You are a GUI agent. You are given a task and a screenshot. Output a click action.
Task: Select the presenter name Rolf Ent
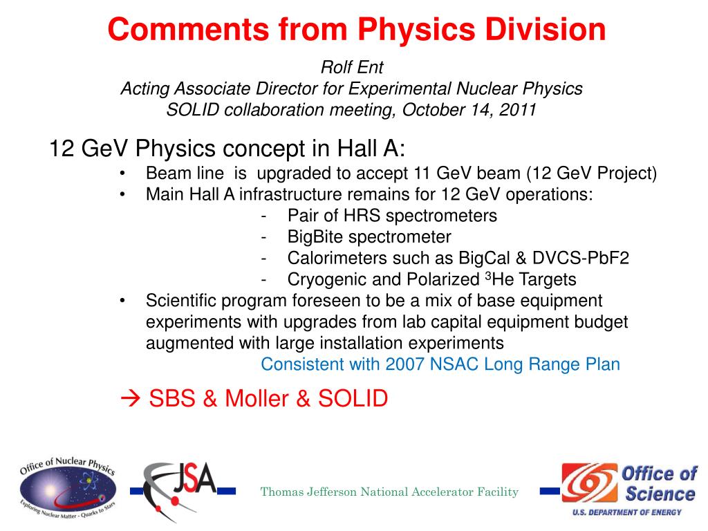pyautogui.click(x=352, y=67)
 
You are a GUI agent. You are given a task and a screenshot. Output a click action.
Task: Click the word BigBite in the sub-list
pyautogui.click(x=315, y=236)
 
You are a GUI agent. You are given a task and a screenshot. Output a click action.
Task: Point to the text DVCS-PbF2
pyautogui.click(x=581, y=258)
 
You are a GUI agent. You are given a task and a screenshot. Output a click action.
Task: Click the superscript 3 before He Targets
pyautogui.click(x=488, y=275)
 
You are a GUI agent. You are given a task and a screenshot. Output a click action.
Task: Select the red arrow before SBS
pyautogui.click(x=131, y=398)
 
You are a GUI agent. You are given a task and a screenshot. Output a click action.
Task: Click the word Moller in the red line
pyautogui.click(x=257, y=398)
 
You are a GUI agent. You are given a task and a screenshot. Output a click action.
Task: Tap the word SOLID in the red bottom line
pyautogui.click(x=353, y=398)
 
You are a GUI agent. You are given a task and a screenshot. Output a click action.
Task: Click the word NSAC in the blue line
pyautogui.click(x=454, y=364)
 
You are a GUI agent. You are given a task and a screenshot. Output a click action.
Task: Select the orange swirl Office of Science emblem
pyautogui.click(x=589, y=483)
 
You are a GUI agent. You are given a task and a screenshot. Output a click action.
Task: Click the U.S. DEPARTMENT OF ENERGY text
pyautogui.click(x=627, y=512)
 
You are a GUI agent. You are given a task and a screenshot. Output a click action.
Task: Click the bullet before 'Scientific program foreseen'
pyautogui.click(x=122, y=301)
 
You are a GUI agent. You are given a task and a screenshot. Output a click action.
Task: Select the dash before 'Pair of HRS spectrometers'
pyautogui.click(x=263, y=216)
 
